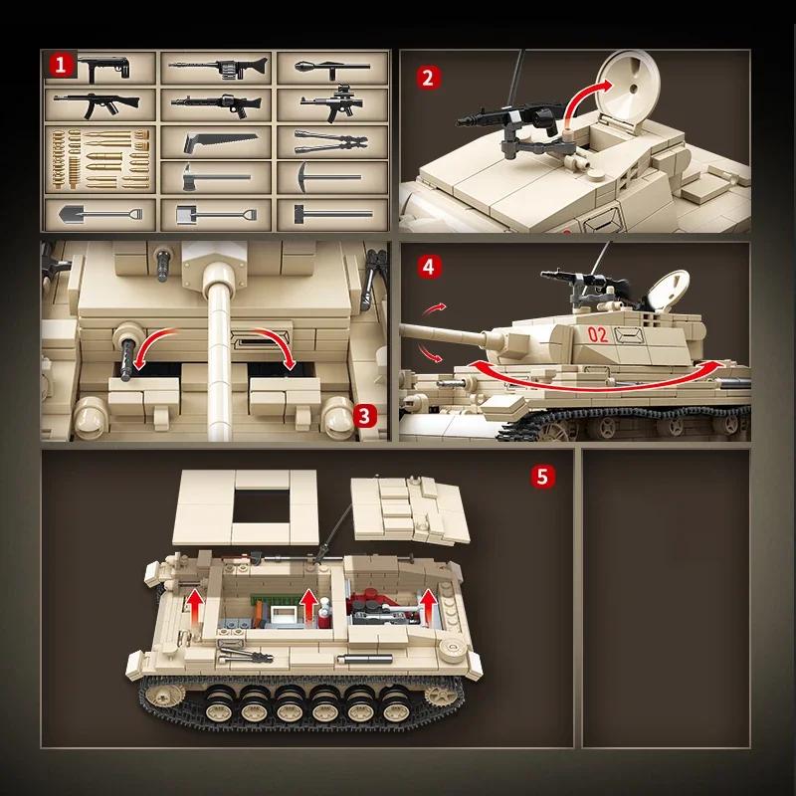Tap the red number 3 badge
pos(366,415)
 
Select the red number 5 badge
pos(541,476)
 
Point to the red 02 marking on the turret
pos(598,335)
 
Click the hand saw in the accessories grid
pos(219,142)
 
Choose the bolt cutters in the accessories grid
pos(331,141)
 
